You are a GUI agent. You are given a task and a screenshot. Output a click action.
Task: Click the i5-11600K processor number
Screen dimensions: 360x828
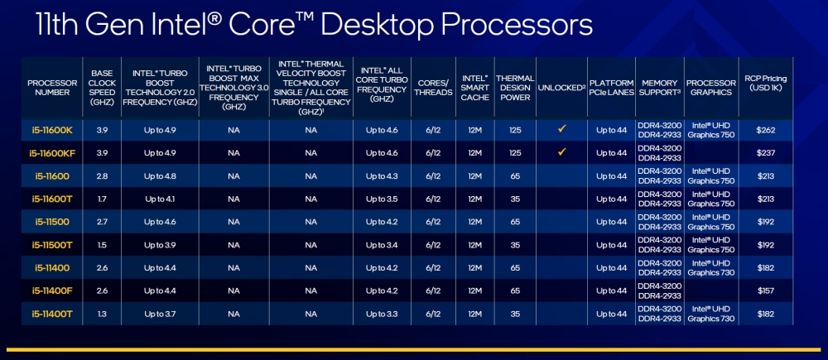pyautogui.click(x=52, y=129)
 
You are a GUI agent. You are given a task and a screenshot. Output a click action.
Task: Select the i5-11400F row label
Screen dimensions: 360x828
pyautogui.click(x=52, y=291)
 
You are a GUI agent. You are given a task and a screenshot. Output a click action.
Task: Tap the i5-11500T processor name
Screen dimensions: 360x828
pyautogui.click(x=52, y=245)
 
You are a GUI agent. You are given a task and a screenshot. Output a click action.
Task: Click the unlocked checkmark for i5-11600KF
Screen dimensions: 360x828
pyautogui.click(x=561, y=152)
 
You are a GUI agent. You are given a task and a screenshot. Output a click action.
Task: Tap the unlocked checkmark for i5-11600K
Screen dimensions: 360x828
pyautogui.click(x=561, y=129)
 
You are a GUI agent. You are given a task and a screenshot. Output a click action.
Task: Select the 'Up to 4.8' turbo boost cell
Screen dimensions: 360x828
pyautogui.click(x=160, y=175)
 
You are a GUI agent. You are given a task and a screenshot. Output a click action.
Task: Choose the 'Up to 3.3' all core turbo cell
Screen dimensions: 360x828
pyautogui.click(x=381, y=314)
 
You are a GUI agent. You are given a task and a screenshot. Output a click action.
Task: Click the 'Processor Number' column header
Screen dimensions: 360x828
pyautogui.click(x=52, y=89)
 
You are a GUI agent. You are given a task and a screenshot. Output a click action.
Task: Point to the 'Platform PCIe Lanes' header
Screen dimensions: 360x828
pyautogui.click(x=611, y=89)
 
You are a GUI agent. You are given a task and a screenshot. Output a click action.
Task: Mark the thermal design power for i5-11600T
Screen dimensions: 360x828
pyautogui.click(x=514, y=199)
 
